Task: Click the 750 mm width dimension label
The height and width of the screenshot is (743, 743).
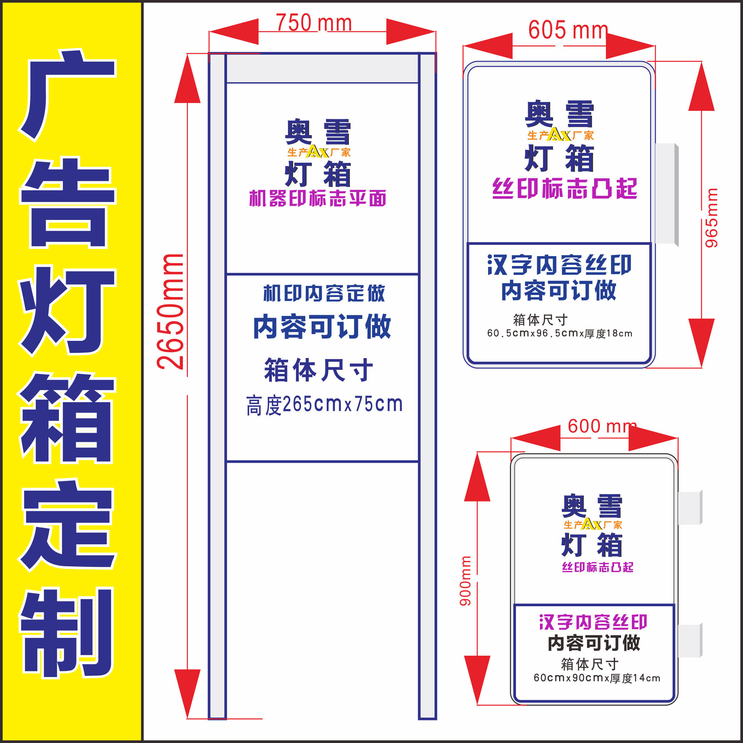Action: tap(314, 23)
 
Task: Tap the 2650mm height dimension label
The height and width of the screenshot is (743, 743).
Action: tap(170, 312)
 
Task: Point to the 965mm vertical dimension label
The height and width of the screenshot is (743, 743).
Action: tap(711, 218)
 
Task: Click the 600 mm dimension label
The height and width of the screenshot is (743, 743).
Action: tap(602, 426)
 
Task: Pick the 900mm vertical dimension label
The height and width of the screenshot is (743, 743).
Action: tap(465, 581)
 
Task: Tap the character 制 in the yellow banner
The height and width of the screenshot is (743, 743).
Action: tap(67, 633)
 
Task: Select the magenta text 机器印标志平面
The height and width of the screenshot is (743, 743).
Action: tap(318, 199)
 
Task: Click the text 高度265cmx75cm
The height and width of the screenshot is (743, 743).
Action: tap(324, 405)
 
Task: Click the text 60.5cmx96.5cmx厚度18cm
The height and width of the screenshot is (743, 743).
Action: tap(559, 333)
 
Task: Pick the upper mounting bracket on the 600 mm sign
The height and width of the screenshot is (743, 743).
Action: tap(690, 508)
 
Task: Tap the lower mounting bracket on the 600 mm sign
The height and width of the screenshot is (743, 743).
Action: tap(690, 640)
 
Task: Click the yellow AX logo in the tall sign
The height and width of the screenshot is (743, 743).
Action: tap(318, 152)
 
